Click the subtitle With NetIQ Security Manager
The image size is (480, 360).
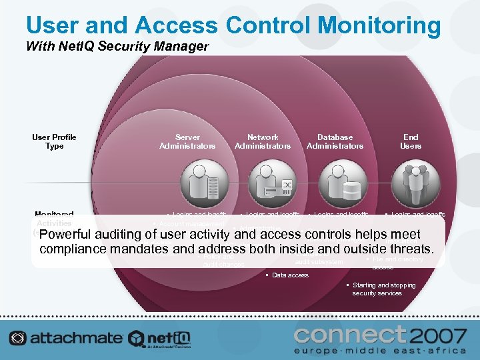[x=117, y=47]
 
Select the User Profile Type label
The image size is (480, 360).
[x=54, y=141]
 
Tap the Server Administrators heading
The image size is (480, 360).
[x=187, y=141]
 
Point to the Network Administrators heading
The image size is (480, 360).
[x=263, y=141]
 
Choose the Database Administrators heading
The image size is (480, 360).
[x=335, y=141]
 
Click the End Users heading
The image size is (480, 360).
[x=410, y=141]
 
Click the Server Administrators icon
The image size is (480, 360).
[x=203, y=181]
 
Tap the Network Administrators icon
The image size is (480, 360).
[x=272, y=181]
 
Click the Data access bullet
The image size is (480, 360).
[x=290, y=275]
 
